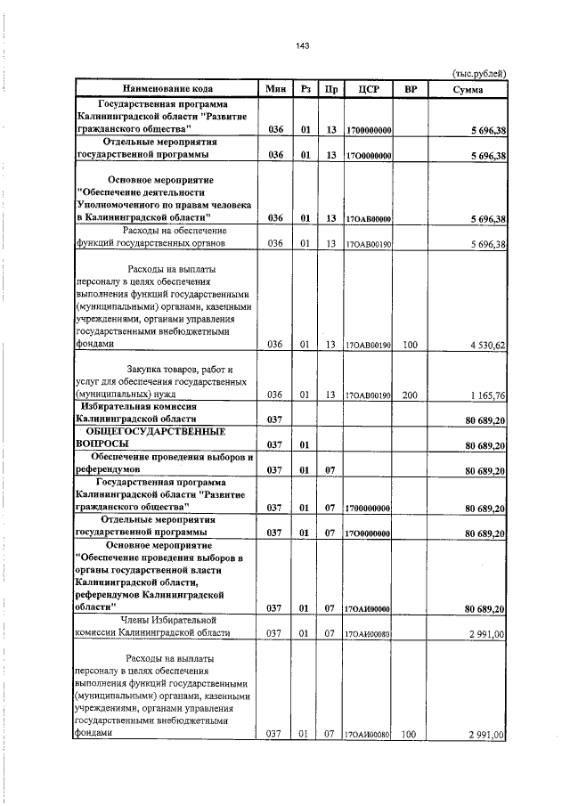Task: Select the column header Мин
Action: pos(275,89)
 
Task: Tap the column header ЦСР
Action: pos(369,89)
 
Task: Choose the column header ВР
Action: pos(410,89)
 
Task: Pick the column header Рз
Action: pos(305,89)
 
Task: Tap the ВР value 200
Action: pos(410,394)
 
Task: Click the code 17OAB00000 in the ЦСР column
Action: pos(368,219)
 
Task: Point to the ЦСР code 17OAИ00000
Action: pos(368,609)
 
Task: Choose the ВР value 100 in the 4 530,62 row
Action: pos(410,344)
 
